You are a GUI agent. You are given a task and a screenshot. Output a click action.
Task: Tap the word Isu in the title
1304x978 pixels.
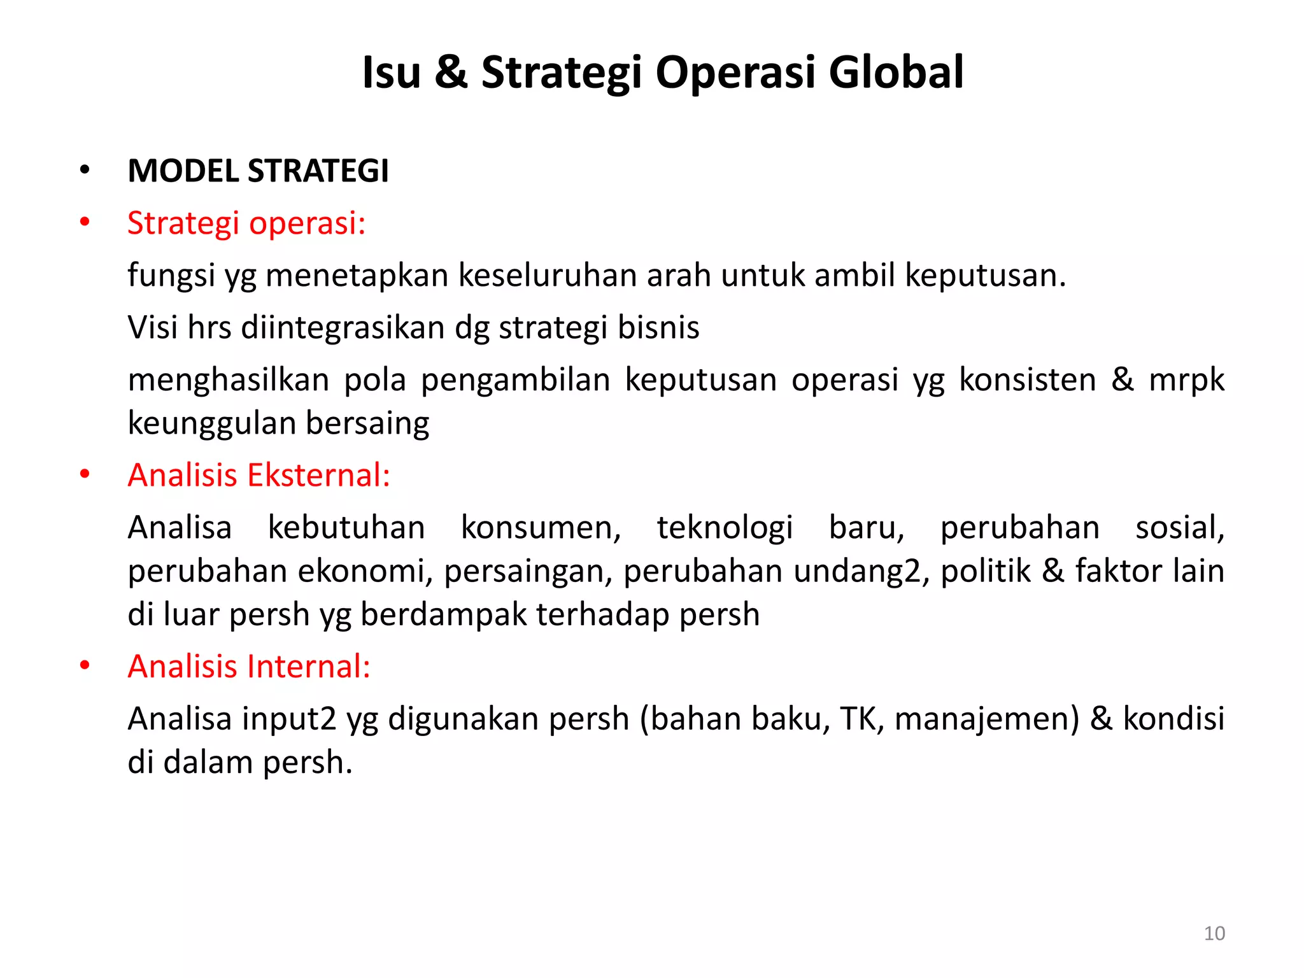coord(391,72)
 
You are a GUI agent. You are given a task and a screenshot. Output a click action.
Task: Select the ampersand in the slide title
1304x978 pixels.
coord(451,72)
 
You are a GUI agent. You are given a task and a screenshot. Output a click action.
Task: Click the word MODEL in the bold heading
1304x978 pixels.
coord(183,171)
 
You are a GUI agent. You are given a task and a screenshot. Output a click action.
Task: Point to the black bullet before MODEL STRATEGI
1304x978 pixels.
coord(85,171)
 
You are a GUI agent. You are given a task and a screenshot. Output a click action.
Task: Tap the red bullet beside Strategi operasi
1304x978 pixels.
coord(85,223)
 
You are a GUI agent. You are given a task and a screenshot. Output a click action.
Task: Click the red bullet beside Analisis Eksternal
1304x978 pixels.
coord(85,475)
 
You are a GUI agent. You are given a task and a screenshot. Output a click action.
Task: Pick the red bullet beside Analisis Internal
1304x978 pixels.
coord(85,666)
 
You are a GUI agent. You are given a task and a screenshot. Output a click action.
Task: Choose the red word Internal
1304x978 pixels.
coord(308,666)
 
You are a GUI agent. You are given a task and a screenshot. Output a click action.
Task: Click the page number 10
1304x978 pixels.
coord(1214,933)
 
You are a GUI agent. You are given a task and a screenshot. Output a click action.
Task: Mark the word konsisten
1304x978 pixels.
coord(1028,379)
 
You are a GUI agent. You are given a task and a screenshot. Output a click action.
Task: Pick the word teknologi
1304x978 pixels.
coord(725,528)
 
